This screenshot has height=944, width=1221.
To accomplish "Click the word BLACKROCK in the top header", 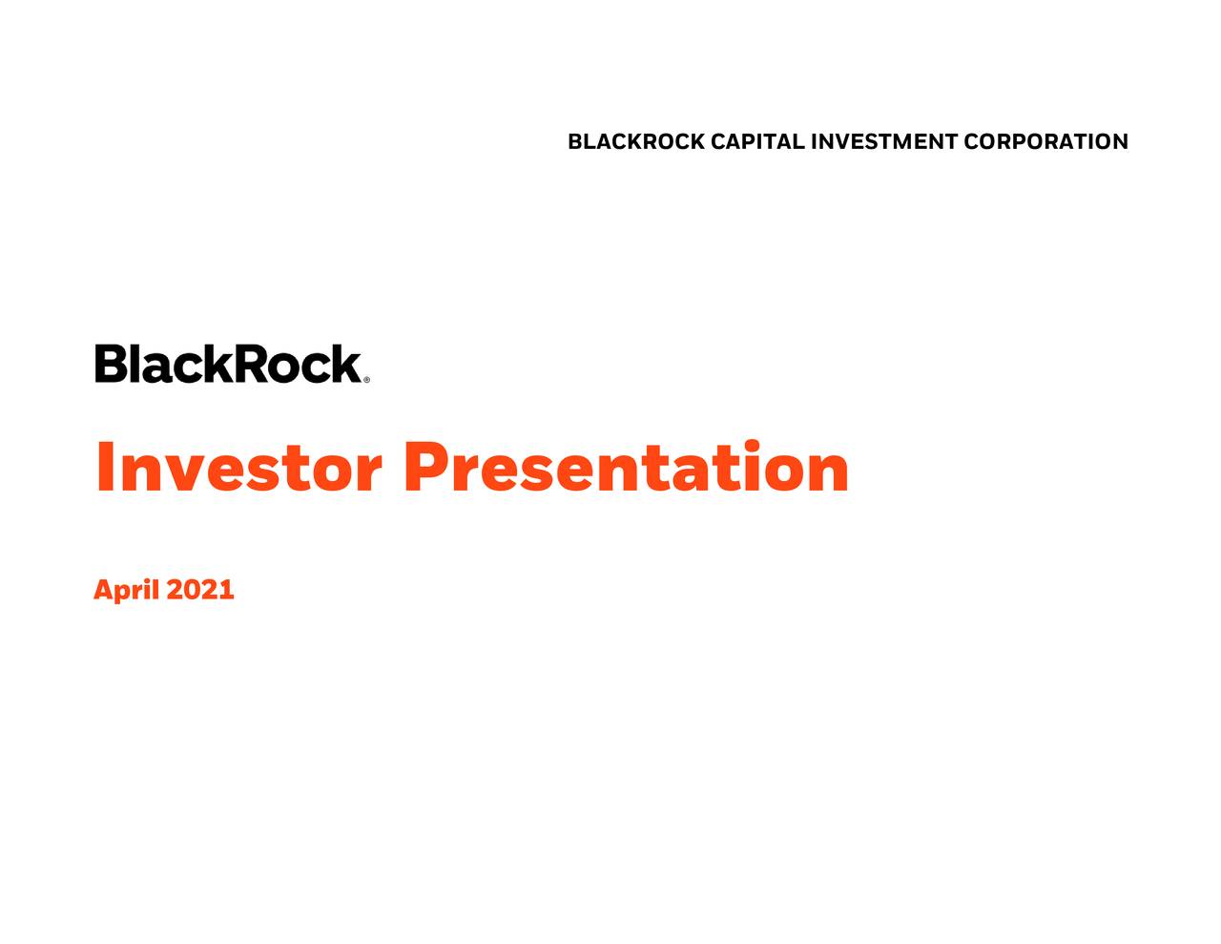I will coord(636,142).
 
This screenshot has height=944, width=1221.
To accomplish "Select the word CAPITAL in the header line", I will coord(757,142).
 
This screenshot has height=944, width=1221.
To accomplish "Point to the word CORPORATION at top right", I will coord(1045,142).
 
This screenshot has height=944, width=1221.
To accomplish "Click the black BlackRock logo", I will coord(228,364).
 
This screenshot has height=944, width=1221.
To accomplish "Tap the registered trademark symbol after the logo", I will coord(366,379).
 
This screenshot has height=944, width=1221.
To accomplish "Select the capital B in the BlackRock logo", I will coord(111,364).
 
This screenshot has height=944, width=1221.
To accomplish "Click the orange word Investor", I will coord(238,468).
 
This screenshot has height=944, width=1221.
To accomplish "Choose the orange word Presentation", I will coord(626,468).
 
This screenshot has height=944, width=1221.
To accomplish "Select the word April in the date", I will coord(126,590).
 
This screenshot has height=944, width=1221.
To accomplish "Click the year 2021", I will coord(200,590).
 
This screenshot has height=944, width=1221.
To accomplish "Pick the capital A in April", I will coord(104,590).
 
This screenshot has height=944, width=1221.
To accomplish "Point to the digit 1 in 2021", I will coord(226,590).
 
